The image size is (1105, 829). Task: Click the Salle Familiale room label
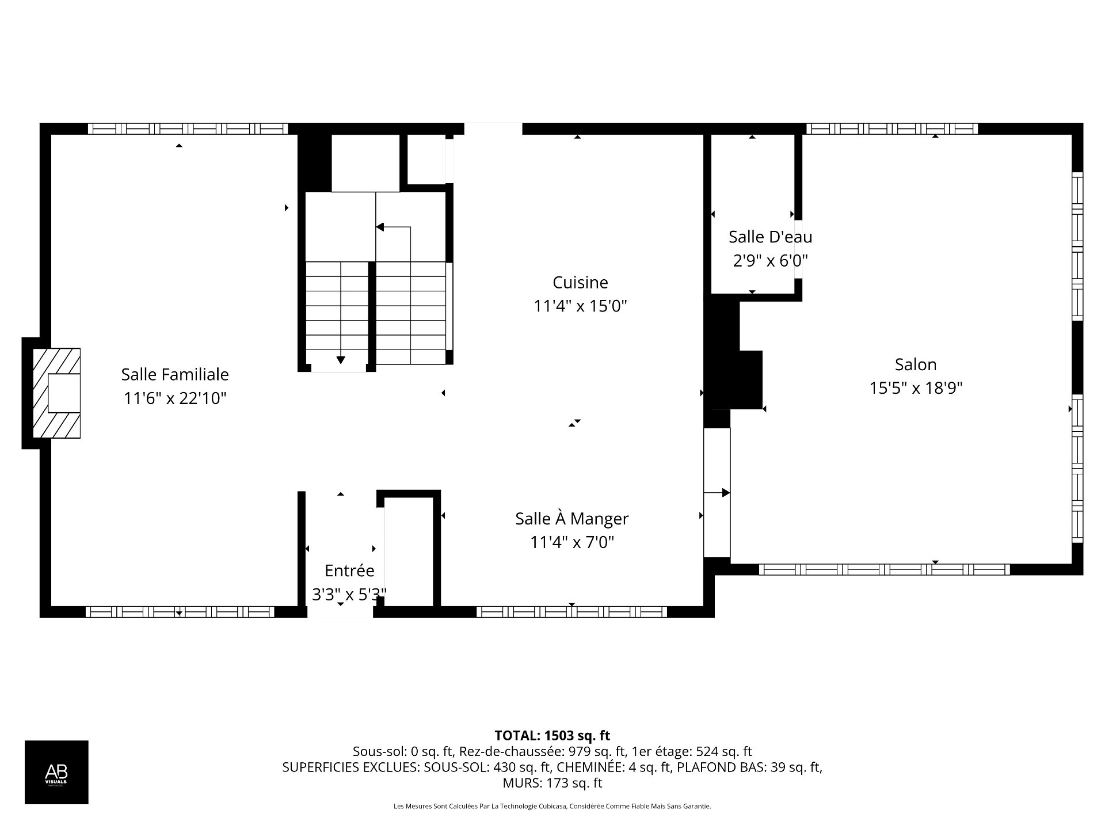click(x=175, y=375)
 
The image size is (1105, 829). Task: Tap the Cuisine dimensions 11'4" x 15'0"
click(x=580, y=306)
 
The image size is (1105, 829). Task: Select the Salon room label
click(x=916, y=364)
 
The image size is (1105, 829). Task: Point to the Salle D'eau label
click(x=771, y=237)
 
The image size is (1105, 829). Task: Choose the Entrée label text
click(x=349, y=571)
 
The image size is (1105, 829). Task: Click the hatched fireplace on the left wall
click(x=56, y=393)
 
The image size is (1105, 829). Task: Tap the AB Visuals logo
click(x=56, y=772)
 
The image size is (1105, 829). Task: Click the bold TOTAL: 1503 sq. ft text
click(x=552, y=735)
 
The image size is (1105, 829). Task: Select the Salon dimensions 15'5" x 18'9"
click(x=916, y=388)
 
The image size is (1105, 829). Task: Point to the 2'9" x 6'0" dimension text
click(x=771, y=261)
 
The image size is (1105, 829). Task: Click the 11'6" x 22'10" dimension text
click(x=175, y=398)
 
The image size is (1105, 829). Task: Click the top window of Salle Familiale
click(x=188, y=128)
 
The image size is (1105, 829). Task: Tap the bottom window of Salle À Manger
click(x=571, y=611)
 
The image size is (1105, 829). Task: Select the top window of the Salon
click(x=891, y=128)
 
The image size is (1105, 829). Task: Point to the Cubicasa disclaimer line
click(x=552, y=807)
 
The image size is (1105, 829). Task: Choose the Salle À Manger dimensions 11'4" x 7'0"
click(x=572, y=542)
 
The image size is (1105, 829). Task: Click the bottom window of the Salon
click(x=885, y=569)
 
